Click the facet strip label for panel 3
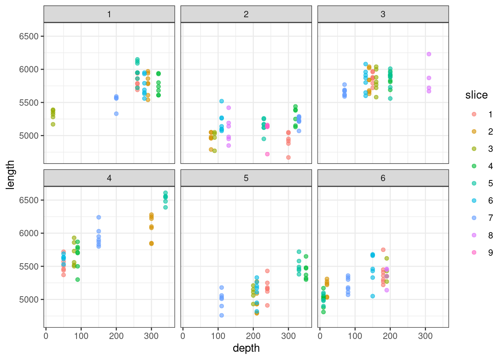[x=383, y=14]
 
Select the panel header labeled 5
[x=246, y=178]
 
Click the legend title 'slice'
[x=476, y=95]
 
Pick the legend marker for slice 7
[x=474, y=218]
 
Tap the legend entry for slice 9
[x=474, y=253]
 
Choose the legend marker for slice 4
[x=474, y=166]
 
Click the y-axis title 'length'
[x=10, y=175]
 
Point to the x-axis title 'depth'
[x=246, y=348]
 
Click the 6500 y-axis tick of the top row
[x=29, y=36]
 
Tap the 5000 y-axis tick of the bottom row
[x=29, y=300]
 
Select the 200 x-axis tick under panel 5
[x=253, y=336]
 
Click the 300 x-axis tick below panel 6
[x=425, y=336]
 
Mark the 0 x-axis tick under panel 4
[x=46, y=336]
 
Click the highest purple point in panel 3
[x=429, y=54]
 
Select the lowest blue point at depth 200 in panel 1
[x=116, y=114]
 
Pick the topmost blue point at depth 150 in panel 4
[x=99, y=217]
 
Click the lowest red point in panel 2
[x=288, y=157]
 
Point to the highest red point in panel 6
[x=383, y=250]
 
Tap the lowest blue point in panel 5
[x=222, y=315]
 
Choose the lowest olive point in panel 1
[x=53, y=124]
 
